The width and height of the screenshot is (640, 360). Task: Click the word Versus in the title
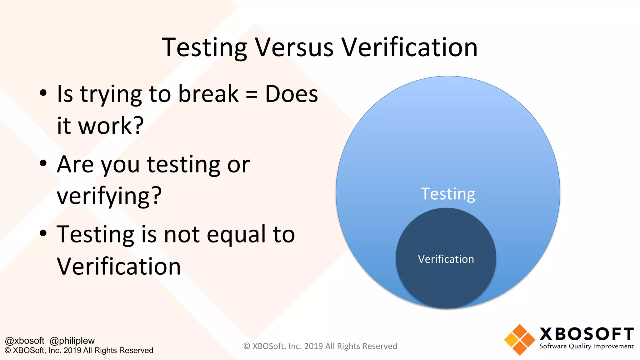294,47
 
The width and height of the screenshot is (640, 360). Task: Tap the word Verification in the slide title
409,47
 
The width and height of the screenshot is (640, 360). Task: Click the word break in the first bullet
208,94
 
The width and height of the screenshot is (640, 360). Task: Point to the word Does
291,94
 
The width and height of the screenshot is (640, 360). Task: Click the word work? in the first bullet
111,126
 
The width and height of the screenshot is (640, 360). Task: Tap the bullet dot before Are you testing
43,163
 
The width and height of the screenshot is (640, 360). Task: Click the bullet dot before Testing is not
43,233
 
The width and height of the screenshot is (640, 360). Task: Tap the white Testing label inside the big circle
448,194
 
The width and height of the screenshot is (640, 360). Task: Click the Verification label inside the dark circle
446,259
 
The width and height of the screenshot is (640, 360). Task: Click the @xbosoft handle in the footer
25,341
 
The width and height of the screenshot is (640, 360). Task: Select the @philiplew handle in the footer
72,341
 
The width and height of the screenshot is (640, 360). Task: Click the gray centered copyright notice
320,346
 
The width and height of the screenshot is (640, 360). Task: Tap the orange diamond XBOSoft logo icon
519,340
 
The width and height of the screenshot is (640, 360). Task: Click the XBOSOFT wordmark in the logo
586,334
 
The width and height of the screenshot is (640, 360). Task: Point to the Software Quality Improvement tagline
586,346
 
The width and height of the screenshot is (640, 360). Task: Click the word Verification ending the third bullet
119,267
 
